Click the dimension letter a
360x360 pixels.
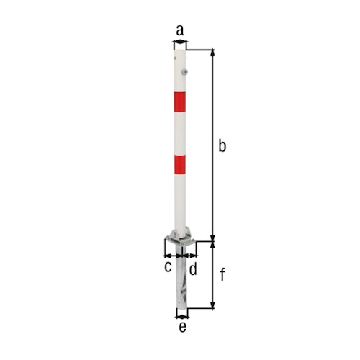click(x=180, y=30)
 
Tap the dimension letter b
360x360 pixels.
click(x=222, y=146)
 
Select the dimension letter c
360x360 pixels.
click(x=168, y=267)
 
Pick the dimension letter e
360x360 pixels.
click(x=182, y=328)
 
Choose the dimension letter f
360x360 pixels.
click(x=222, y=274)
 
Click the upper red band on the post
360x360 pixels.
click(x=180, y=102)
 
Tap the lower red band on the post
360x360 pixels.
click(x=180, y=164)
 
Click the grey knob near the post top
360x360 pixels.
click(x=186, y=72)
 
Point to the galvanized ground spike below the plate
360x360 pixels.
click(x=182, y=281)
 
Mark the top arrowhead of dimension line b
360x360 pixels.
click(x=212, y=53)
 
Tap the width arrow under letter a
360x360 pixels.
click(x=180, y=45)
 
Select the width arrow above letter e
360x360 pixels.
click(x=182, y=314)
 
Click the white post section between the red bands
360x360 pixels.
click(x=180, y=133)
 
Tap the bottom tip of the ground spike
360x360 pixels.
click(x=182, y=307)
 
